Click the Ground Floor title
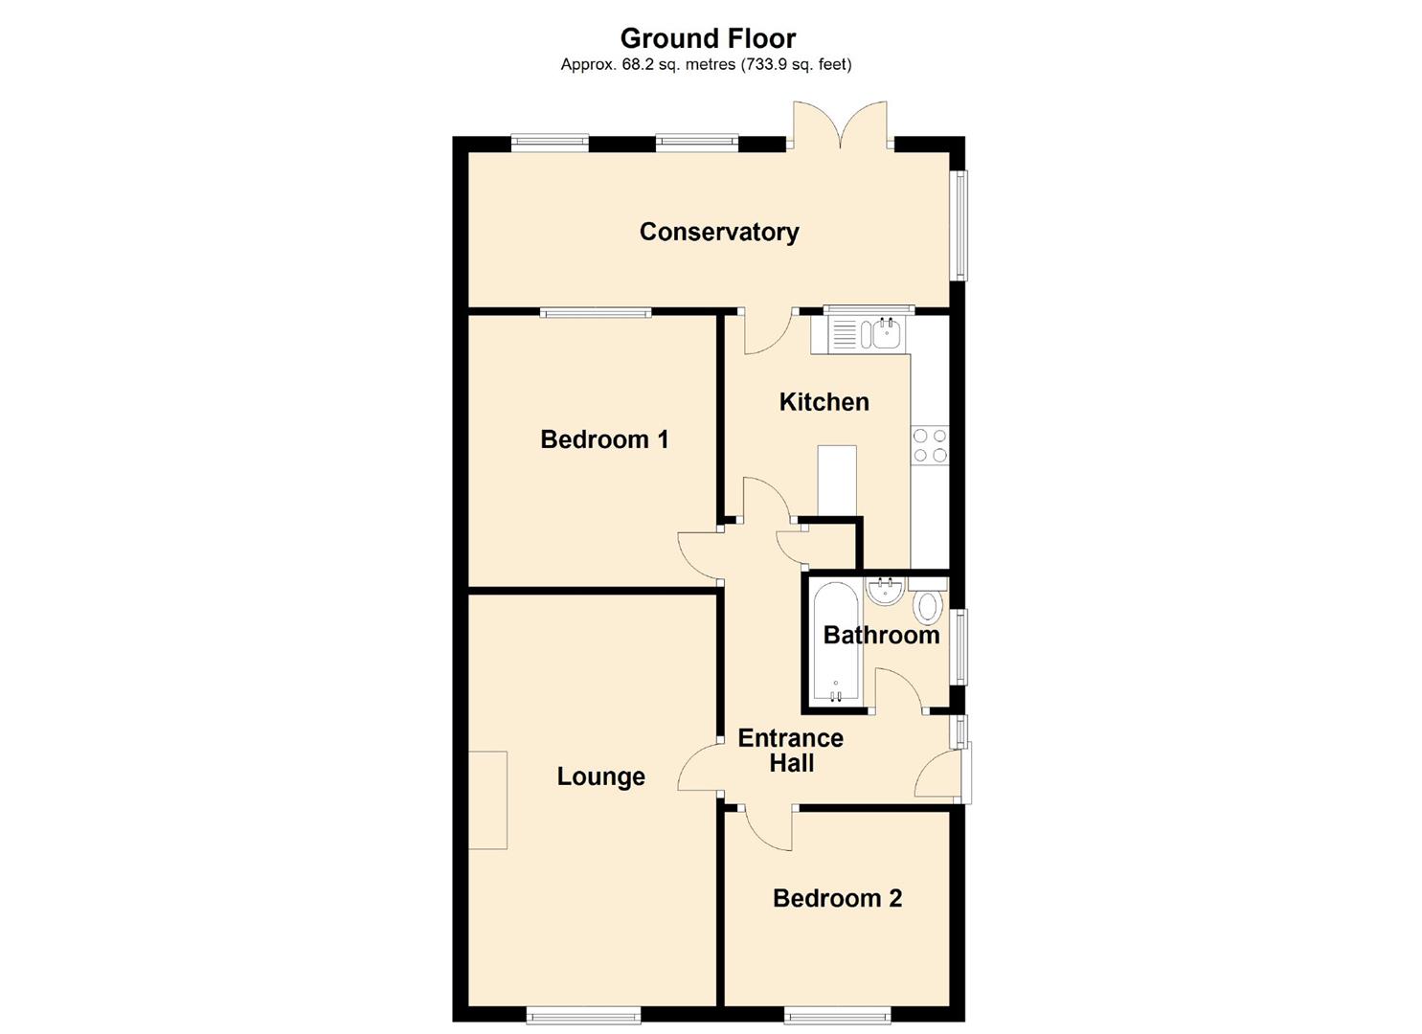(x=708, y=38)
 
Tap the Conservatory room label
(x=718, y=232)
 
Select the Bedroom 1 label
(x=604, y=439)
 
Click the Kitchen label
(x=824, y=402)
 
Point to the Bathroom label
(x=881, y=635)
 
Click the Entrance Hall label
(x=791, y=751)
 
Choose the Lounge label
(x=600, y=776)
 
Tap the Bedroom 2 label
(x=837, y=898)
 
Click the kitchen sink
(x=884, y=334)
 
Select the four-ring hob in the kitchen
(x=930, y=446)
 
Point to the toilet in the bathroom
(x=928, y=607)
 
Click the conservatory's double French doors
(x=841, y=127)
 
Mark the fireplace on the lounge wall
(x=487, y=799)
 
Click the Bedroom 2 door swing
(x=766, y=829)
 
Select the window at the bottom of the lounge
(x=583, y=1014)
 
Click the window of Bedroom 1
(x=595, y=311)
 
